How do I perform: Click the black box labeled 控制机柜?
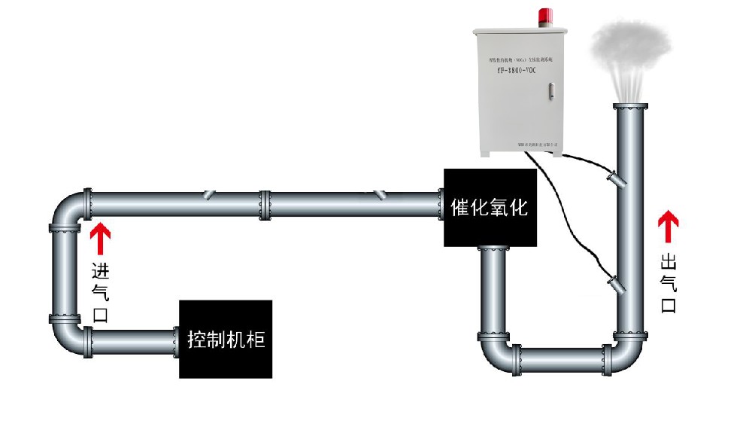pos(226,339)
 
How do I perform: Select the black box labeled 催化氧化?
pos(490,208)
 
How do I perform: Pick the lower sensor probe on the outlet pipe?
pos(617,283)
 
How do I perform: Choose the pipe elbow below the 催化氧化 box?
pos(496,351)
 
